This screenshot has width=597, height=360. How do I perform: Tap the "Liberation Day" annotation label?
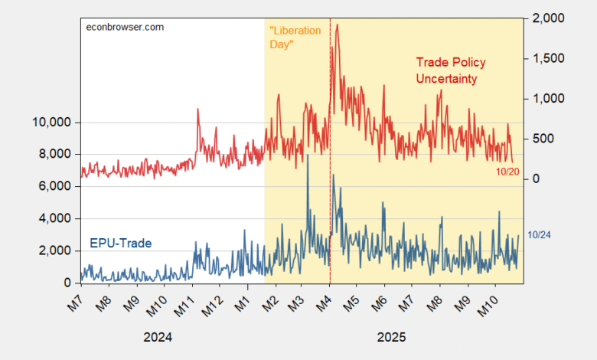pos(295,38)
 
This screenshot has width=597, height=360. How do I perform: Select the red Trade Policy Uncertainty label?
pos(450,70)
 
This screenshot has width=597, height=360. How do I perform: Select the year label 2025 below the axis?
pos(391,336)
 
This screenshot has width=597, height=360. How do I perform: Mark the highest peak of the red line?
pos(338,25)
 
